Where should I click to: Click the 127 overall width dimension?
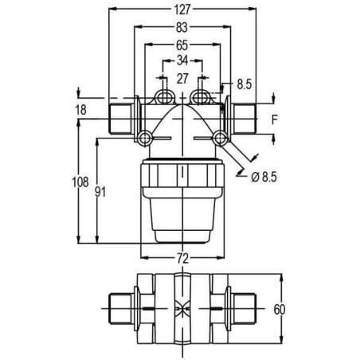pos(182,11)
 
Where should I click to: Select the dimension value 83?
pos(182,29)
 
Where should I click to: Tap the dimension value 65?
pos(182,45)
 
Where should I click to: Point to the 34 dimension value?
pos(182,61)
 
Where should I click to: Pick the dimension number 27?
pos(182,78)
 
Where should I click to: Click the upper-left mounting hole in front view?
pos(164,97)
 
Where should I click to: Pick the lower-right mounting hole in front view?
pos(220,139)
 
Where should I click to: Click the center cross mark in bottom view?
pos(182,308)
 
